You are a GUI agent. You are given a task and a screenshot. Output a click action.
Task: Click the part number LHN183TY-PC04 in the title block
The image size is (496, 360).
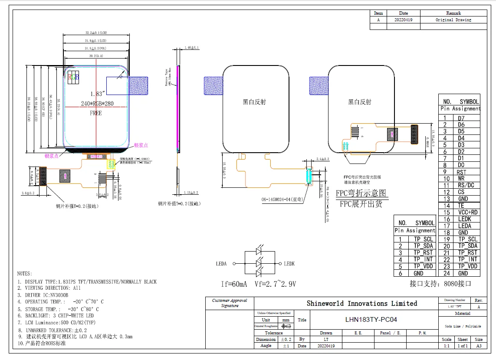[371, 320]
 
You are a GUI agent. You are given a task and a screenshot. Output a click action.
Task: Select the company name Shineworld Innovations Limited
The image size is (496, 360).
[362, 304]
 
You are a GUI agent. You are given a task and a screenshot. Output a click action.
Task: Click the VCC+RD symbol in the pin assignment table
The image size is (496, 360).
[467, 212]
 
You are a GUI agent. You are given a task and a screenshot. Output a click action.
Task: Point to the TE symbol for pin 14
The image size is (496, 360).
[461, 206]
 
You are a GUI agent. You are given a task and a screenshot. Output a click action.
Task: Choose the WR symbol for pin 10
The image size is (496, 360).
[461, 179]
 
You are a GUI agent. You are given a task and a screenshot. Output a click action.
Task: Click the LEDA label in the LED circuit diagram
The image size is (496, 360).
[221, 263]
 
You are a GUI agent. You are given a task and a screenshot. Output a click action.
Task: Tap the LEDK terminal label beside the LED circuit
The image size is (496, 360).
[289, 263]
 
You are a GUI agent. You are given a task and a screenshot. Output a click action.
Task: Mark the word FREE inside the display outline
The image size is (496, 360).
[96, 113]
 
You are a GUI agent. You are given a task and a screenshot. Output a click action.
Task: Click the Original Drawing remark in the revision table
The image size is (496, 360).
[453, 20]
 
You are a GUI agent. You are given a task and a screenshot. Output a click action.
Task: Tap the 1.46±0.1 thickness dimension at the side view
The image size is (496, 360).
[191, 47]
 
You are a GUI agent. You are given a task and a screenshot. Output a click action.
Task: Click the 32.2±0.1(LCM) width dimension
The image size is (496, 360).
[96, 33]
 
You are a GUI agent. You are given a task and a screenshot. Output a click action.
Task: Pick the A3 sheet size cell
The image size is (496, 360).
[479, 346]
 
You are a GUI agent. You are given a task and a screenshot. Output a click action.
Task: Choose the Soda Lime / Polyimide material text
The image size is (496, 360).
[462, 326]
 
